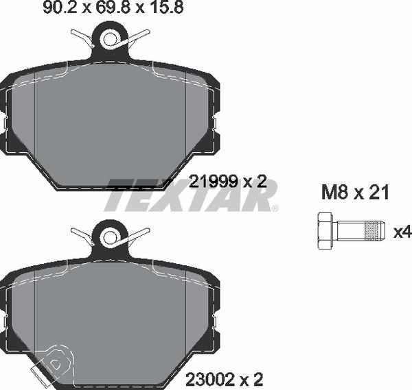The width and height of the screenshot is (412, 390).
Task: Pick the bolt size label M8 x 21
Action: click(355, 193)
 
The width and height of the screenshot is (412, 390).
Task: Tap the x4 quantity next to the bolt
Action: click(402, 232)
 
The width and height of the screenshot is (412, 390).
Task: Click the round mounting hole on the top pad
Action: click(109, 39)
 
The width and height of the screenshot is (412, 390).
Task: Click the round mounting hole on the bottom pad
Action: click(109, 238)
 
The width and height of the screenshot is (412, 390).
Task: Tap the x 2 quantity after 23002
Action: click(253, 379)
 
